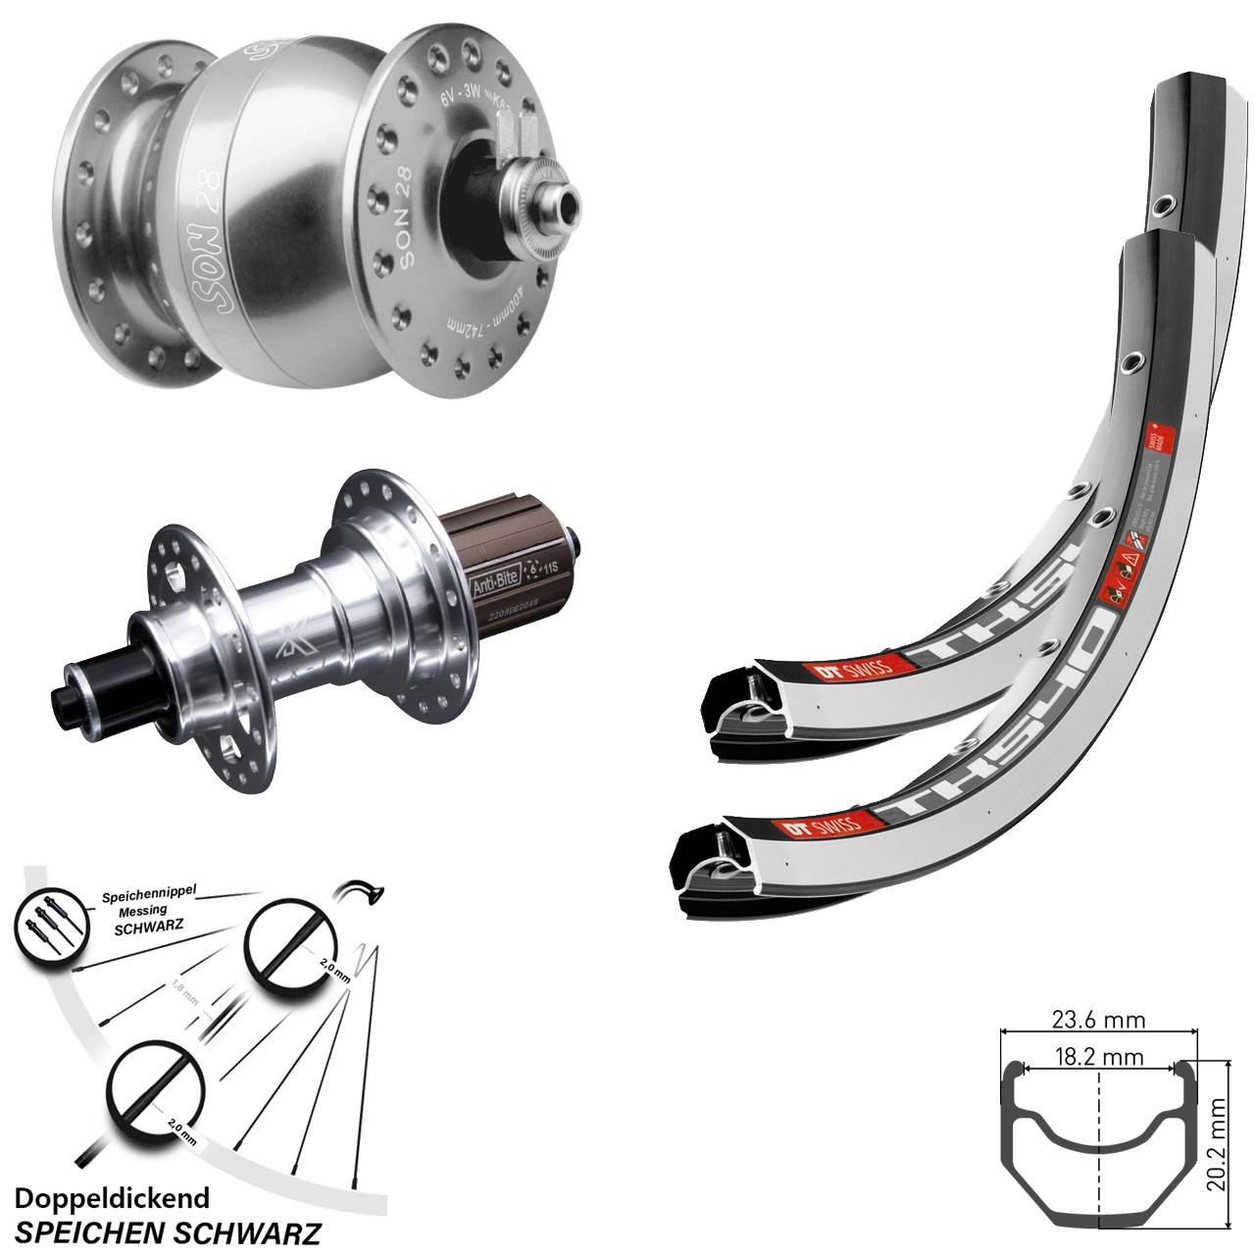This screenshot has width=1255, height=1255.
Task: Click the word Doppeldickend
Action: coord(113,1199)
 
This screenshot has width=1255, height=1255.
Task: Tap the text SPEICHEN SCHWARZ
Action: coord(169,1231)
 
